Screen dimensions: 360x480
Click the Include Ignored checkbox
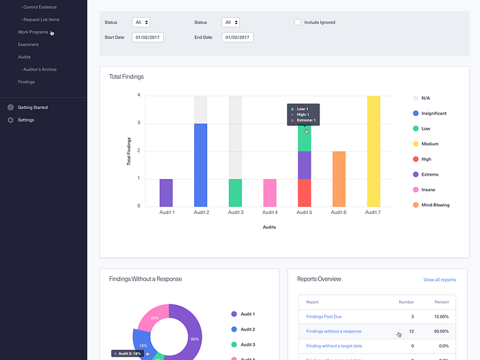coord(298,23)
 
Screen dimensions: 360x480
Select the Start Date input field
coord(147,37)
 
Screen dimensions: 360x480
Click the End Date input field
coord(237,37)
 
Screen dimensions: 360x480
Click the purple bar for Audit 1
coord(167,192)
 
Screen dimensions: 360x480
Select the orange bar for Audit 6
coord(339,178)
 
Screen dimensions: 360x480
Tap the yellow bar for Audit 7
coord(373,151)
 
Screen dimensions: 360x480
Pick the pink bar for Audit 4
coord(269,192)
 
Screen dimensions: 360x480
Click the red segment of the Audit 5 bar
coord(304,192)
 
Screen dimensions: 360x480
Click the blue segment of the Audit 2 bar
coord(201,165)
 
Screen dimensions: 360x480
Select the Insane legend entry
coord(427,189)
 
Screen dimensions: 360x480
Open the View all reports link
coord(440,280)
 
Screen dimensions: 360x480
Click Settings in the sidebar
coord(25,120)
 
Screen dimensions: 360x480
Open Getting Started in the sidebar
coord(32,108)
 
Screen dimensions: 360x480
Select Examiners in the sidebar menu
coord(28,45)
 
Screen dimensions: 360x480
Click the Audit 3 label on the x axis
coord(235,213)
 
